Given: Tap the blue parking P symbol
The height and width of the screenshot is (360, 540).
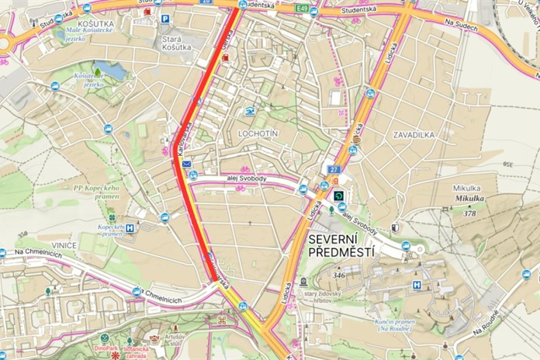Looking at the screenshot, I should click(165, 19).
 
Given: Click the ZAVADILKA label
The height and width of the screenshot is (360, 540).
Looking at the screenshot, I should click(414, 134).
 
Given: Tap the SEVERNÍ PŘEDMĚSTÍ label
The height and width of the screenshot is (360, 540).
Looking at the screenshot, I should click(341, 245).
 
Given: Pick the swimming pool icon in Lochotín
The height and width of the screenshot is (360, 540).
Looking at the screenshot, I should click(249, 112).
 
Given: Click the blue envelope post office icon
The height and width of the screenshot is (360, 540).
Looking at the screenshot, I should click(186, 164).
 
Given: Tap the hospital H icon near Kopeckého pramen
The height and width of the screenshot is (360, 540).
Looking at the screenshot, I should click(130, 228).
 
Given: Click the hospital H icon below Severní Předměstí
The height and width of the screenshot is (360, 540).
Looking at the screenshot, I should click(417, 286).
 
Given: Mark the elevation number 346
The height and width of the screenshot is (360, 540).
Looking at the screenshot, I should click(339, 275).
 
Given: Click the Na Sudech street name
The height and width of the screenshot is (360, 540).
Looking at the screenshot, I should click(462, 26).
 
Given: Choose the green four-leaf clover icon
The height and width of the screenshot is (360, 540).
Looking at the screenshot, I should click(112, 218).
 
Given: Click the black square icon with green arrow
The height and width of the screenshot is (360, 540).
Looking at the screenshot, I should click(338, 196).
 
